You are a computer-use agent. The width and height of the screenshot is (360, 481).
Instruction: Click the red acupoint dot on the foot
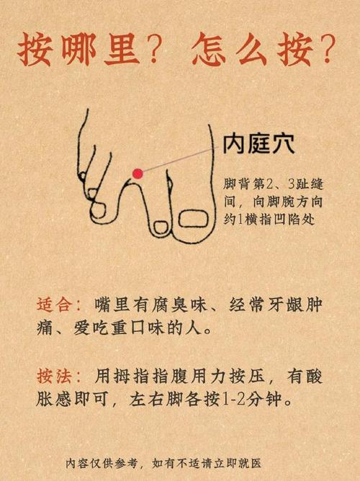136,172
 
